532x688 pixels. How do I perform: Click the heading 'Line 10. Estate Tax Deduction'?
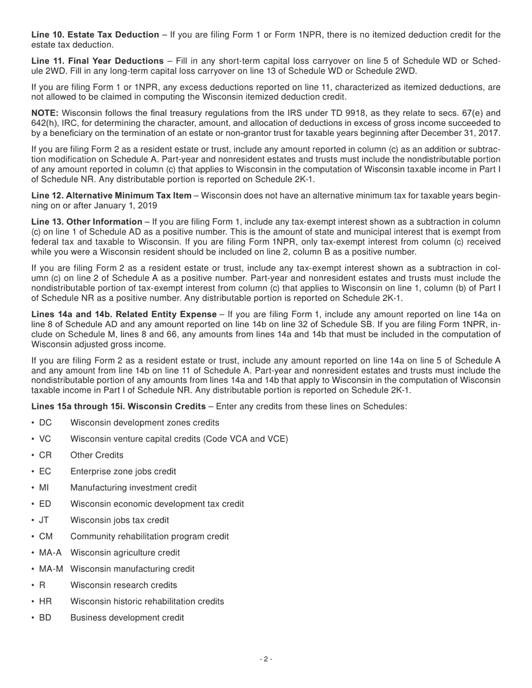click(x=95, y=35)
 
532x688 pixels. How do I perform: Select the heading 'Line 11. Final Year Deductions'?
click(x=97, y=61)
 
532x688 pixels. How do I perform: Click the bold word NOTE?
click(x=45, y=114)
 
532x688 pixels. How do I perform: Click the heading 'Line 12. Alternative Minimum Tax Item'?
click(x=111, y=196)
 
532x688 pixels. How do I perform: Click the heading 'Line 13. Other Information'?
click(x=87, y=222)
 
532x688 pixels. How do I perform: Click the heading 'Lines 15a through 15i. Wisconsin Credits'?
click(x=119, y=406)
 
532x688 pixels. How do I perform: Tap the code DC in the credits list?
click(x=45, y=423)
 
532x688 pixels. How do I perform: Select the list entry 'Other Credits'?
click(x=97, y=455)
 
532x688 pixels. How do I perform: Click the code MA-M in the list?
click(x=51, y=569)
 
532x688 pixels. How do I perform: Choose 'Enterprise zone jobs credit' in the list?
click(x=123, y=472)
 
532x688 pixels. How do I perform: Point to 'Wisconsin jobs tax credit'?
click(x=120, y=520)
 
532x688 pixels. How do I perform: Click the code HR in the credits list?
click(x=45, y=601)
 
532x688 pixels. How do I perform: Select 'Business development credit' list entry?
click(x=127, y=618)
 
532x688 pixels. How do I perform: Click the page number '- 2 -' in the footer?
click(x=266, y=659)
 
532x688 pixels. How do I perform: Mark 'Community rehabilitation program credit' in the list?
click(x=150, y=536)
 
